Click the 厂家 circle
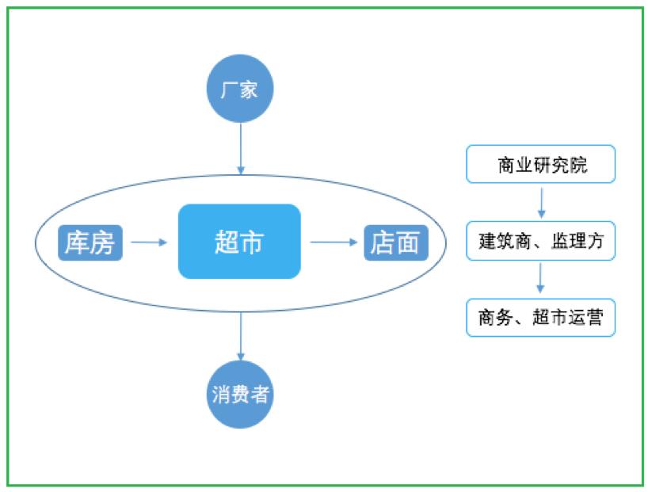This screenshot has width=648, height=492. pyautogui.click(x=240, y=89)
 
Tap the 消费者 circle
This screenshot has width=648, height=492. pyautogui.click(x=240, y=395)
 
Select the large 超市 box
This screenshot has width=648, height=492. pyautogui.click(x=239, y=242)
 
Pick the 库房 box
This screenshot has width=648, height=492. pyautogui.click(x=90, y=242)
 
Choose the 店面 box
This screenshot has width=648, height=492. pyautogui.click(x=396, y=242)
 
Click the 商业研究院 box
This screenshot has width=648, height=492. pyautogui.click(x=540, y=164)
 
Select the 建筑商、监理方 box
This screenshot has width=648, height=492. pyautogui.click(x=540, y=241)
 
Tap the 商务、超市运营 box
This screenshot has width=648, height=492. pyautogui.click(x=540, y=318)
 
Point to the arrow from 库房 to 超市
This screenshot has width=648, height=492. pyautogui.click(x=149, y=242)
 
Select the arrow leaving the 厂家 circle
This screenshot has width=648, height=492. pyautogui.click(x=241, y=149)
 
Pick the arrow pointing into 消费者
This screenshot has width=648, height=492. pyautogui.click(x=241, y=337)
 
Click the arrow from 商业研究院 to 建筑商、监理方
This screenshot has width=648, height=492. pyautogui.click(x=541, y=203)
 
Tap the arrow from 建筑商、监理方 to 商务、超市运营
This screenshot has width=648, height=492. pyautogui.click(x=540, y=278)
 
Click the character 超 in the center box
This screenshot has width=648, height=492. pyautogui.click(x=227, y=242)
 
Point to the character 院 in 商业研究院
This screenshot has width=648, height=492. pyautogui.click(x=578, y=165)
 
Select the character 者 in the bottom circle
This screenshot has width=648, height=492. pyautogui.click(x=260, y=395)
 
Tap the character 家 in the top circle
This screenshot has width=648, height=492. pyautogui.click(x=250, y=90)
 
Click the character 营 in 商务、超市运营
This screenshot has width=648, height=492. pyautogui.click(x=594, y=318)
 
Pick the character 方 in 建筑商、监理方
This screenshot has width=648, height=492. pyautogui.click(x=595, y=242)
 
